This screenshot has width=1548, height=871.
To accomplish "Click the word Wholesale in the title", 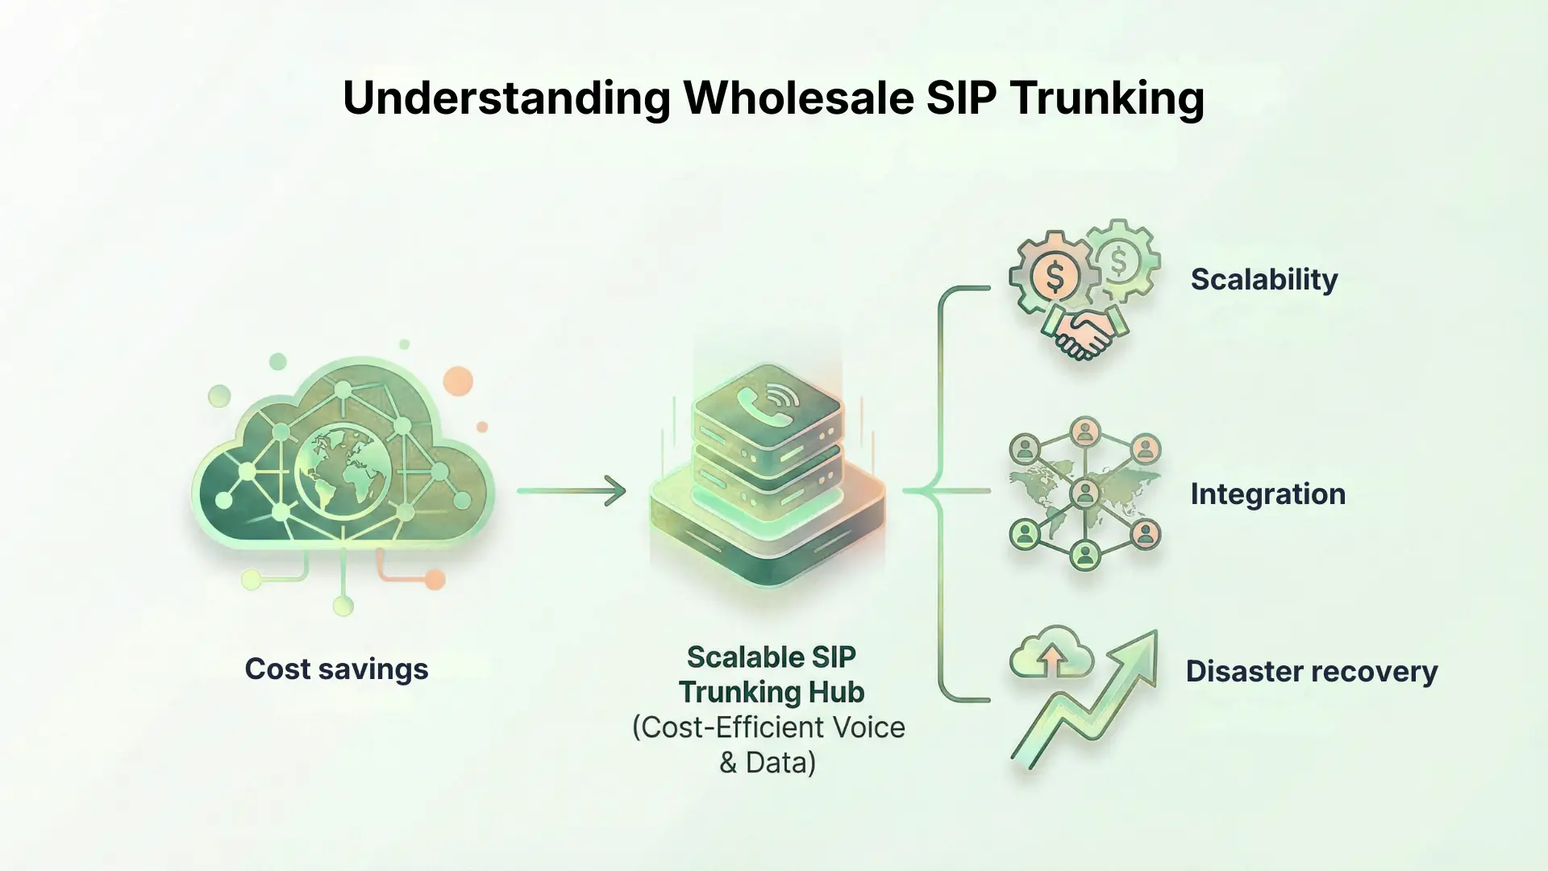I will point(798,98).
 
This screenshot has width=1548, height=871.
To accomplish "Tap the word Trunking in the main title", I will point(1106,98).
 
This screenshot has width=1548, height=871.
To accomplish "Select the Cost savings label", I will point(336,669).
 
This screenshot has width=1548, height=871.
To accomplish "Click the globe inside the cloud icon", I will point(343,472).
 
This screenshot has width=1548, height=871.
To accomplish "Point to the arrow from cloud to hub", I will point(572,490).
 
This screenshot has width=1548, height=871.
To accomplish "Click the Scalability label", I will point(1263,279).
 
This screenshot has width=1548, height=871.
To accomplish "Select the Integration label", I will point(1267,494).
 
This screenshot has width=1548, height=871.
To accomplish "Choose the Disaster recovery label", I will point(1311,671).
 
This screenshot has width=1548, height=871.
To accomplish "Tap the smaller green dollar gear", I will point(1120,260).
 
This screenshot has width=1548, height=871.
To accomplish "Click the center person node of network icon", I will point(1084,491).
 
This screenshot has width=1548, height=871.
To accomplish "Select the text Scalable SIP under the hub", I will point(771,657).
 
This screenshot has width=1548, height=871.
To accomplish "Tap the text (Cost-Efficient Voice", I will point(768,727).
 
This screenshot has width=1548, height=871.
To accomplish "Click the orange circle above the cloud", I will point(457,381).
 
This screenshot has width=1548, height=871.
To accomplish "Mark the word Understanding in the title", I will point(506,98).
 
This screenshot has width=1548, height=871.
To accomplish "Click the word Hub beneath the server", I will point(839,692).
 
